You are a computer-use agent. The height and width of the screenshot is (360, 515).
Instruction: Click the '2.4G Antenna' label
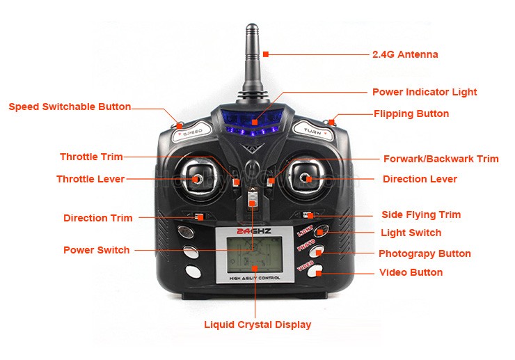point(405,54)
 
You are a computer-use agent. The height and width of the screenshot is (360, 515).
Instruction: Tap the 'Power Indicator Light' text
point(425,92)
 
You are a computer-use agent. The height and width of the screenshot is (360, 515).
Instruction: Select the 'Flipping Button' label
point(411,114)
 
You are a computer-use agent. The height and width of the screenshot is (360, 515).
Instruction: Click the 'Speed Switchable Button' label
point(70,107)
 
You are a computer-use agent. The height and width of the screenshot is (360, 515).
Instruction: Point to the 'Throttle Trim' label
point(91,157)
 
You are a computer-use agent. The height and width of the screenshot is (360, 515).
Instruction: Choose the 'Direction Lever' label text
point(420,179)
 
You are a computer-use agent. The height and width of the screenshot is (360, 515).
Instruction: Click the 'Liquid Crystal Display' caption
point(257,324)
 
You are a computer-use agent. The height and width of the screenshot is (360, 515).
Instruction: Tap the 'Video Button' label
point(411,272)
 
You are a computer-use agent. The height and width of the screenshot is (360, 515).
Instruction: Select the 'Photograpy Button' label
point(425,253)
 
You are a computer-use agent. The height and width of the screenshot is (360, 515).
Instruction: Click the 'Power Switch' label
point(96,250)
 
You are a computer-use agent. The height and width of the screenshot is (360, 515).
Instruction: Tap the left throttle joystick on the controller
point(198,179)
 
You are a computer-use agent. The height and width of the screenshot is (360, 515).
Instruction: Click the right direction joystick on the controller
point(307,179)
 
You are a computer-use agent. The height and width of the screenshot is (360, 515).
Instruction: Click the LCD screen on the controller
point(254,252)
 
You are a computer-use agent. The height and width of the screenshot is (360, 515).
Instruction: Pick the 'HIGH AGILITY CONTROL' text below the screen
point(254,279)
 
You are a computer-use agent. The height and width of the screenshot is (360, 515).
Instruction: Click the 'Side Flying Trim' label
point(421,214)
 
